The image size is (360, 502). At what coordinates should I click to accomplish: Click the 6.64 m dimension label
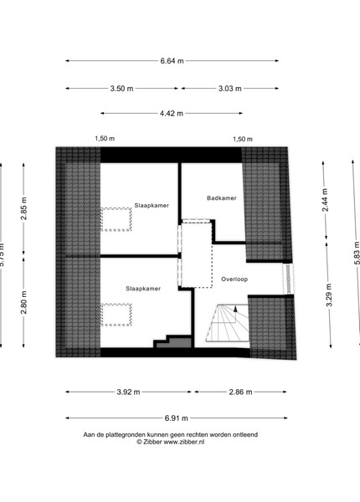(x=172, y=61)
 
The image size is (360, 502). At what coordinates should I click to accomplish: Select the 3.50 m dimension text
(x=121, y=89)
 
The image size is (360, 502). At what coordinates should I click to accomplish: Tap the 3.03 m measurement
(x=230, y=89)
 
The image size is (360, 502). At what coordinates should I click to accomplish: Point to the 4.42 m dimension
(x=172, y=113)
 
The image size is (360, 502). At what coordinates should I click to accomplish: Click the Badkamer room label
(x=222, y=198)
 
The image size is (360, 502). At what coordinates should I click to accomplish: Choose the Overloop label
(x=234, y=279)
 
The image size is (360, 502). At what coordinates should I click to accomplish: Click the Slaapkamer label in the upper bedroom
(x=152, y=206)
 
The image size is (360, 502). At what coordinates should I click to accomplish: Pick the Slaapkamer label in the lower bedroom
(x=143, y=289)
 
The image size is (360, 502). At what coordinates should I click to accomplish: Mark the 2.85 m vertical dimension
(x=23, y=208)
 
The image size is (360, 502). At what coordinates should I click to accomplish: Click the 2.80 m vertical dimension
(x=23, y=303)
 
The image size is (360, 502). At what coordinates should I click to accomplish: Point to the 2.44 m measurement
(x=325, y=200)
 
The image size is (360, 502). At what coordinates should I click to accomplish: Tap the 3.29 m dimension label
(x=329, y=295)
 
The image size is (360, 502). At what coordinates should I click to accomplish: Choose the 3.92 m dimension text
(x=128, y=392)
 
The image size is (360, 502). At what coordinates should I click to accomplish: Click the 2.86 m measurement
(x=240, y=392)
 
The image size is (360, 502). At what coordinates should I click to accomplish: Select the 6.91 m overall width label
(x=176, y=418)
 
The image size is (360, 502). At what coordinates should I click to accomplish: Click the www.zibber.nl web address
(x=184, y=442)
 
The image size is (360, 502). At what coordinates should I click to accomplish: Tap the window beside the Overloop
(x=288, y=279)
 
